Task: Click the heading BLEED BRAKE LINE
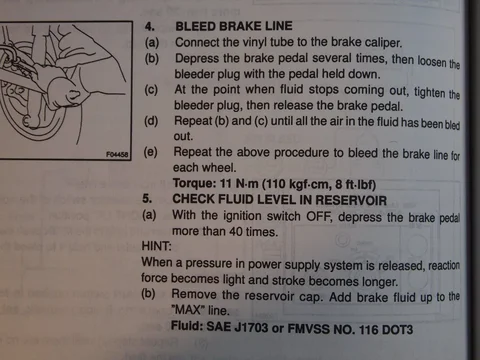click(234, 26)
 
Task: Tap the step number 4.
click(150, 26)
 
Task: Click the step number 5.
click(147, 199)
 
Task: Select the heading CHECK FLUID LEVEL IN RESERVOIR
click(280, 200)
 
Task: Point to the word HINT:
click(156, 246)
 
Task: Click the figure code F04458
click(117, 154)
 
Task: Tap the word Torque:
click(195, 183)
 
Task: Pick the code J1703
click(251, 327)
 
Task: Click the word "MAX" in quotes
click(188, 310)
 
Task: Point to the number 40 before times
click(235, 231)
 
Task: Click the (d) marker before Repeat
click(151, 120)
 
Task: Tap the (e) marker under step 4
click(150, 152)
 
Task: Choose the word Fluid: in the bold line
click(187, 325)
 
